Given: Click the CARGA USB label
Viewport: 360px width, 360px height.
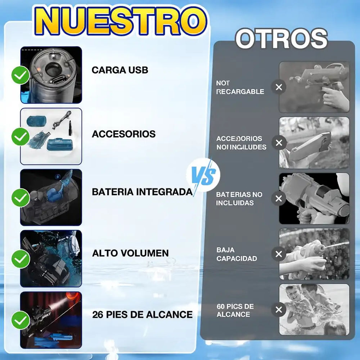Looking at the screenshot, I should tap(120, 70).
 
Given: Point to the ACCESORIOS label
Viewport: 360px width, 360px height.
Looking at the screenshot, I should tap(123, 134).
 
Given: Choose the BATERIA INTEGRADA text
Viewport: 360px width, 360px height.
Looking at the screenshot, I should tap(142, 192).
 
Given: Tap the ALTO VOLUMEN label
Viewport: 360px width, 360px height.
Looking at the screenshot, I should tap(130, 253).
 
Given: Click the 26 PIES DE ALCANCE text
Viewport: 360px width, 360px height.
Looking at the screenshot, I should tap(142, 314).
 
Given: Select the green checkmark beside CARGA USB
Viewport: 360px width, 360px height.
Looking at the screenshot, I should tap(21, 75).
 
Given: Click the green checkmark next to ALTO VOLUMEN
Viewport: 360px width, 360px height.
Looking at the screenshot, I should tap(21, 258).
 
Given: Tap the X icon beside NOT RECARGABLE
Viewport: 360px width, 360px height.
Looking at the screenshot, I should tap(279, 87).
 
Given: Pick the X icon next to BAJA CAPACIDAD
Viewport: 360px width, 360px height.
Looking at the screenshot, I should tap(279, 254).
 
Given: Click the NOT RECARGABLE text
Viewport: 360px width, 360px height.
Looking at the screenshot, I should tap(240, 87).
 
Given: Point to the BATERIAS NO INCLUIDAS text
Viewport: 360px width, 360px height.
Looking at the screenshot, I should tap(239, 199).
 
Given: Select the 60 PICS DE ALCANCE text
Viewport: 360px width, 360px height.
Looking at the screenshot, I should tap(235, 310).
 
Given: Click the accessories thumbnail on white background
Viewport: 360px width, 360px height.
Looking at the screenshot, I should tap(51, 136).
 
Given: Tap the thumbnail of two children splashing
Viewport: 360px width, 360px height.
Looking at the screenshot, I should tap(314, 310).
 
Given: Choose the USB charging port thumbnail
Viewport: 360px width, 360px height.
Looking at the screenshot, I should tap(51, 75).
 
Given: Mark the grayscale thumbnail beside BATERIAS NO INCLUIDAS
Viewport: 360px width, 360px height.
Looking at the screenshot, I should tap(314, 198).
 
